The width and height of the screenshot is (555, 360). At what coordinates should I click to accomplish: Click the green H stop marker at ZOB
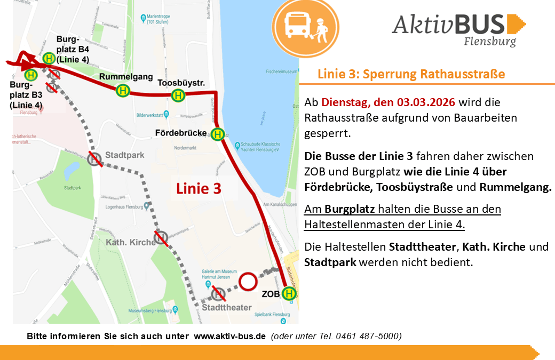coord(289,293)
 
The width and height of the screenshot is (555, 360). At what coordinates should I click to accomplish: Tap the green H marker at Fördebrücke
coord(217,134)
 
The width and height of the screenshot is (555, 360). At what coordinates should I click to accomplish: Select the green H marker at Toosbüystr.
coord(178,95)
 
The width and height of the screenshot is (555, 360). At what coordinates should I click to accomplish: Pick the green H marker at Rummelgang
coord(123,91)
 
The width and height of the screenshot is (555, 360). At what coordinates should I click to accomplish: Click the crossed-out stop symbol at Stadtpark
coord(95,158)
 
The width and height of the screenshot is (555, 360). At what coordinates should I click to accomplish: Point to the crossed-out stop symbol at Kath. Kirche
coord(161,238)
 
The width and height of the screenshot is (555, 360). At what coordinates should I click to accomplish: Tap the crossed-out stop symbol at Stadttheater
coord(218,293)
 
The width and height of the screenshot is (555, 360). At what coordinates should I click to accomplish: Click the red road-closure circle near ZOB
coord(248,282)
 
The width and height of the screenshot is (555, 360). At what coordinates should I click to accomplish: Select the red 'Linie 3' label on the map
coord(199,188)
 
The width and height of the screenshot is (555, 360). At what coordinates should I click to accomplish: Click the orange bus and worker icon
coord(305,26)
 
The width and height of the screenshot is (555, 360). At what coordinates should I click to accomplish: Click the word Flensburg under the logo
coord(490,41)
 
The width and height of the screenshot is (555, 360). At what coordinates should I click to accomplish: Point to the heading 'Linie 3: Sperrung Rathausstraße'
coord(411,74)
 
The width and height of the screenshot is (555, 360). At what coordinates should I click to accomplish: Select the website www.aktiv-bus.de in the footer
coord(229,336)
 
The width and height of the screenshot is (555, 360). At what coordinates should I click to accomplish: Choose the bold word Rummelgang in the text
coord(516,187)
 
